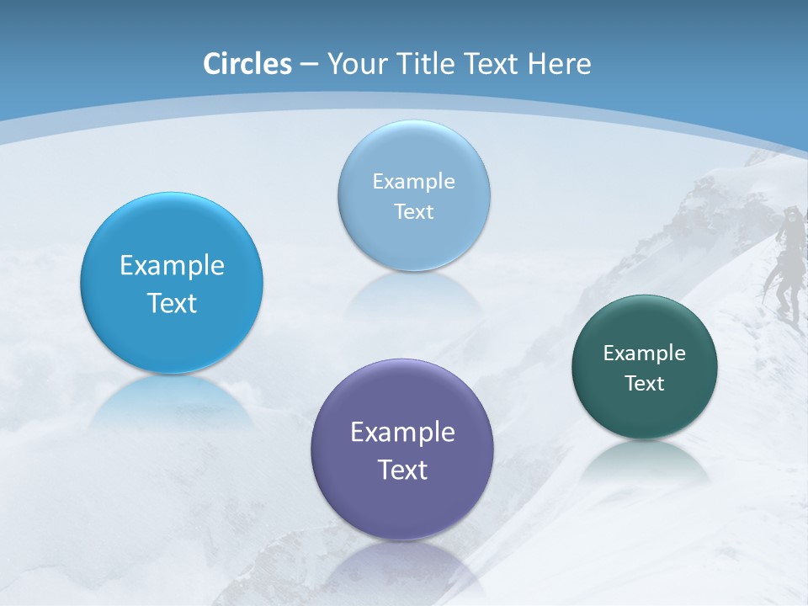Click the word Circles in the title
coord(247,63)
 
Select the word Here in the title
coord(559,63)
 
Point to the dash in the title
coord(309,65)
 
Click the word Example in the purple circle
coord(402,433)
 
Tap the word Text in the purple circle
coord(402,470)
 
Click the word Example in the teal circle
coord(645,353)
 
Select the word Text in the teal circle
coord(645,384)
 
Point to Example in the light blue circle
coord(413,182)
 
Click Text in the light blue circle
coord(413,211)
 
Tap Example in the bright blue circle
coord(172,266)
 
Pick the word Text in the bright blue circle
coord(172,303)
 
